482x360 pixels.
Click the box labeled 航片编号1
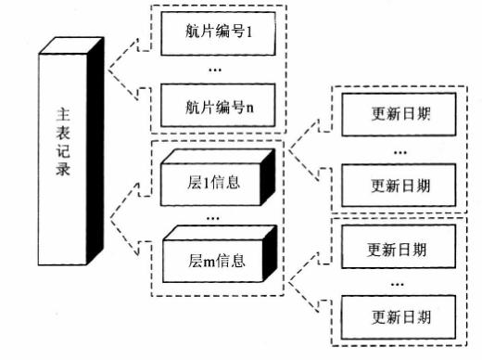(x=218, y=33)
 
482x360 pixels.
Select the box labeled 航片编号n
(x=218, y=105)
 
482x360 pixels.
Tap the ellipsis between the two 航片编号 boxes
(x=215, y=71)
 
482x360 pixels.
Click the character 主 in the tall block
(x=63, y=114)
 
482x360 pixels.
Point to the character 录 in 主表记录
(x=63, y=169)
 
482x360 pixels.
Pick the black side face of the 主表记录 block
(x=95, y=151)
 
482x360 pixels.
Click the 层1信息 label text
(x=213, y=183)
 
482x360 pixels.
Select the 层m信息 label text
(x=217, y=261)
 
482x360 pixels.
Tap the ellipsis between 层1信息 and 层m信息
(x=213, y=219)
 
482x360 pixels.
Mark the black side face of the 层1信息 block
(x=268, y=177)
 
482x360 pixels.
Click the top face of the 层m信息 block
(x=220, y=233)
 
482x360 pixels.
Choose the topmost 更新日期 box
(x=399, y=114)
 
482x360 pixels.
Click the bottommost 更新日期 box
(x=399, y=317)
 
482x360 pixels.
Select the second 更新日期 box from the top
(x=399, y=186)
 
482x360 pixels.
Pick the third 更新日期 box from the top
(x=399, y=247)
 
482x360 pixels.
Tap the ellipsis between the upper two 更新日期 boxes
(x=400, y=152)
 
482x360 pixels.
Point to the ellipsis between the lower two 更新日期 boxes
(x=398, y=284)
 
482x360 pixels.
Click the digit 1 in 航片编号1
(x=248, y=32)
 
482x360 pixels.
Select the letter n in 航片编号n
(x=249, y=109)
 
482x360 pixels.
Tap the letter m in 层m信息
(x=209, y=263)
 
